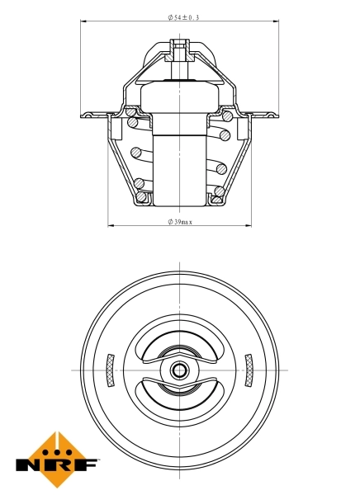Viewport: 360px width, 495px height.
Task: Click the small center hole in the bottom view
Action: [179, 370]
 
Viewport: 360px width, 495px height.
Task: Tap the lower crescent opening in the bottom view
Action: [179, 394]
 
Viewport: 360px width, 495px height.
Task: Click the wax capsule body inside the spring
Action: [179, 165]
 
